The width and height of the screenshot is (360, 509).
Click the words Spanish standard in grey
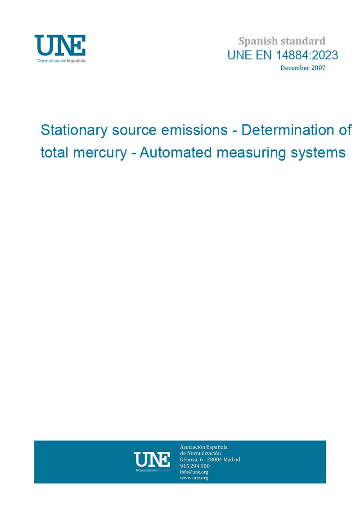(282, 41)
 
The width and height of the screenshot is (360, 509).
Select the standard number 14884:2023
(307, 55)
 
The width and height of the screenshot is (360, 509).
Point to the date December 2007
(303, 68)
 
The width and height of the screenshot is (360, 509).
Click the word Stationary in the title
(74, 131)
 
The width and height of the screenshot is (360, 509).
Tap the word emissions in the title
(194, 130)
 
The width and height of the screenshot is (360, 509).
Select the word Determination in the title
(288, 130)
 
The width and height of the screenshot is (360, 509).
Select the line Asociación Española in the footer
(203, 447)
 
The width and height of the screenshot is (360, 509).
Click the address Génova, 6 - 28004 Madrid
(210, 459)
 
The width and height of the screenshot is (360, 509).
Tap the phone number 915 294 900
(195, 466)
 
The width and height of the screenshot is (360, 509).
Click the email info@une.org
(194, 472)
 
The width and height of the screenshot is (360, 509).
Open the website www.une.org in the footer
(194, 478)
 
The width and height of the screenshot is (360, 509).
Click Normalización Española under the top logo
(61, 61)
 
